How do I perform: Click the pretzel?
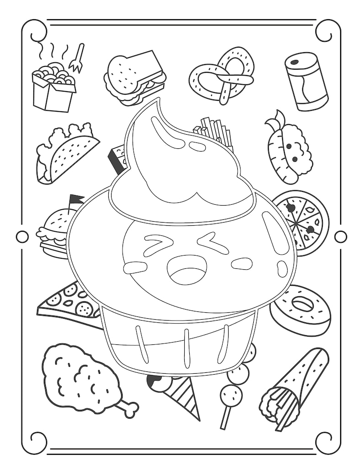(222, 76)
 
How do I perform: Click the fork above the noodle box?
(77, 58)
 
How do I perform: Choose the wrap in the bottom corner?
(295, 387)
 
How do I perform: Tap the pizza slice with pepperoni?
(69, 305)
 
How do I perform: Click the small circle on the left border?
(22, 237)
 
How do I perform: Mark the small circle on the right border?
(341, 237)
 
